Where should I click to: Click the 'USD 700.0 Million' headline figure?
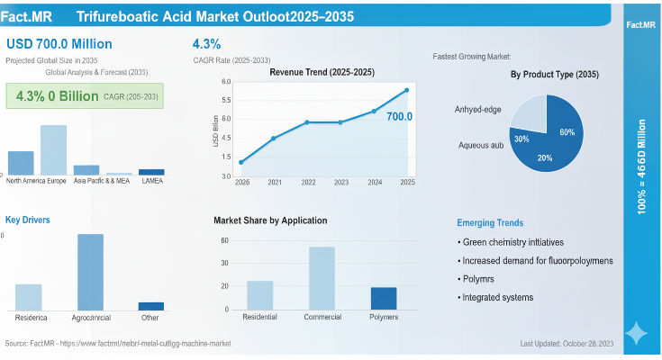click(x=59, y=44)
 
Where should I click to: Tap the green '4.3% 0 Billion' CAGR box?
click(x=85, y=95)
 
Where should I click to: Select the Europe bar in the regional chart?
click(x=53, y=149)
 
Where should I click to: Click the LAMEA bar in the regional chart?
click(x=151, y=171)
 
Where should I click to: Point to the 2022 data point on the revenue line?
click(x=307, y=121)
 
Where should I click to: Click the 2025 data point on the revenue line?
click(x=407, y=90)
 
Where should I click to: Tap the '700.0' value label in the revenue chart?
click(x=399, y=117)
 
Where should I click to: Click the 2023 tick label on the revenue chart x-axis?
click(x=341, y=182)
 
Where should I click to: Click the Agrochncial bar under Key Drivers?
click(x=90, y=272)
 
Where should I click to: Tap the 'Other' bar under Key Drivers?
click(x=151, y=306)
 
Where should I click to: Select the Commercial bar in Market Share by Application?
click(x=322, y=278)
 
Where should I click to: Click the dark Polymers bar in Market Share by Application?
click(x=384, y=299)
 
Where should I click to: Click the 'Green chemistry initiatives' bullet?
click(x=514, y=243)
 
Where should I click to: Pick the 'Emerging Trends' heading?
click(x=490, y=223)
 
